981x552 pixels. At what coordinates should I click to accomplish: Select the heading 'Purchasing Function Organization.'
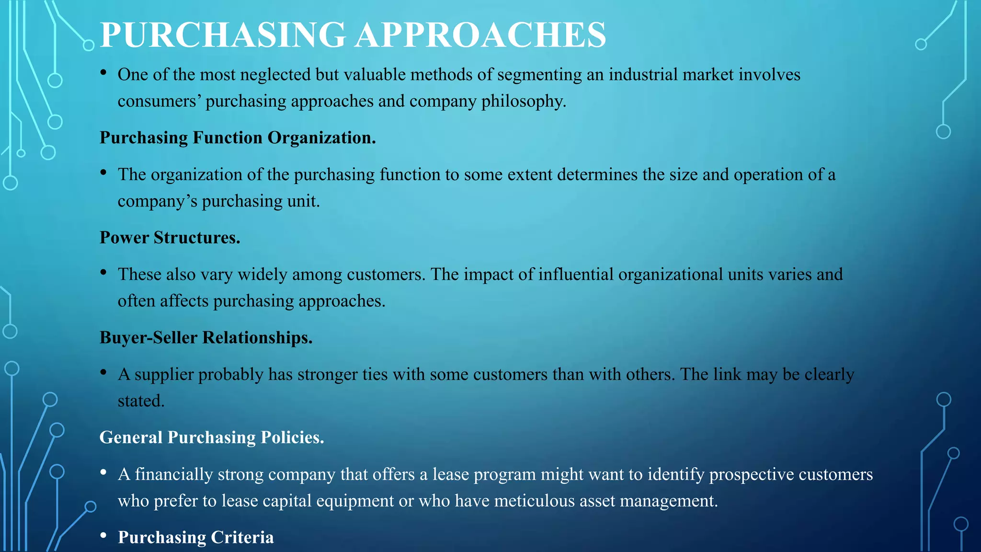(x=238, y=138)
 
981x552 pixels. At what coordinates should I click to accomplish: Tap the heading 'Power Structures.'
(x=170, y=238)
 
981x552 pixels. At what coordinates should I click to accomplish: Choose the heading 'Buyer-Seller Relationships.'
(x=206, y=338)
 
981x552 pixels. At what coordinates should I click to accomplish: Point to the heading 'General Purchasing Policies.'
(x=212, y=437)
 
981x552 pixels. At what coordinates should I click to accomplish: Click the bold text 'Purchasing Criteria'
(x=196, y=538)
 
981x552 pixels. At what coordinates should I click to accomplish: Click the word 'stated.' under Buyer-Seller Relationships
(x=141, y=401)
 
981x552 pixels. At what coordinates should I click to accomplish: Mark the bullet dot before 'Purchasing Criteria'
(x=103, y=536)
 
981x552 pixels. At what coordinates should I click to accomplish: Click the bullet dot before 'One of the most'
(x=103, y=73)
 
